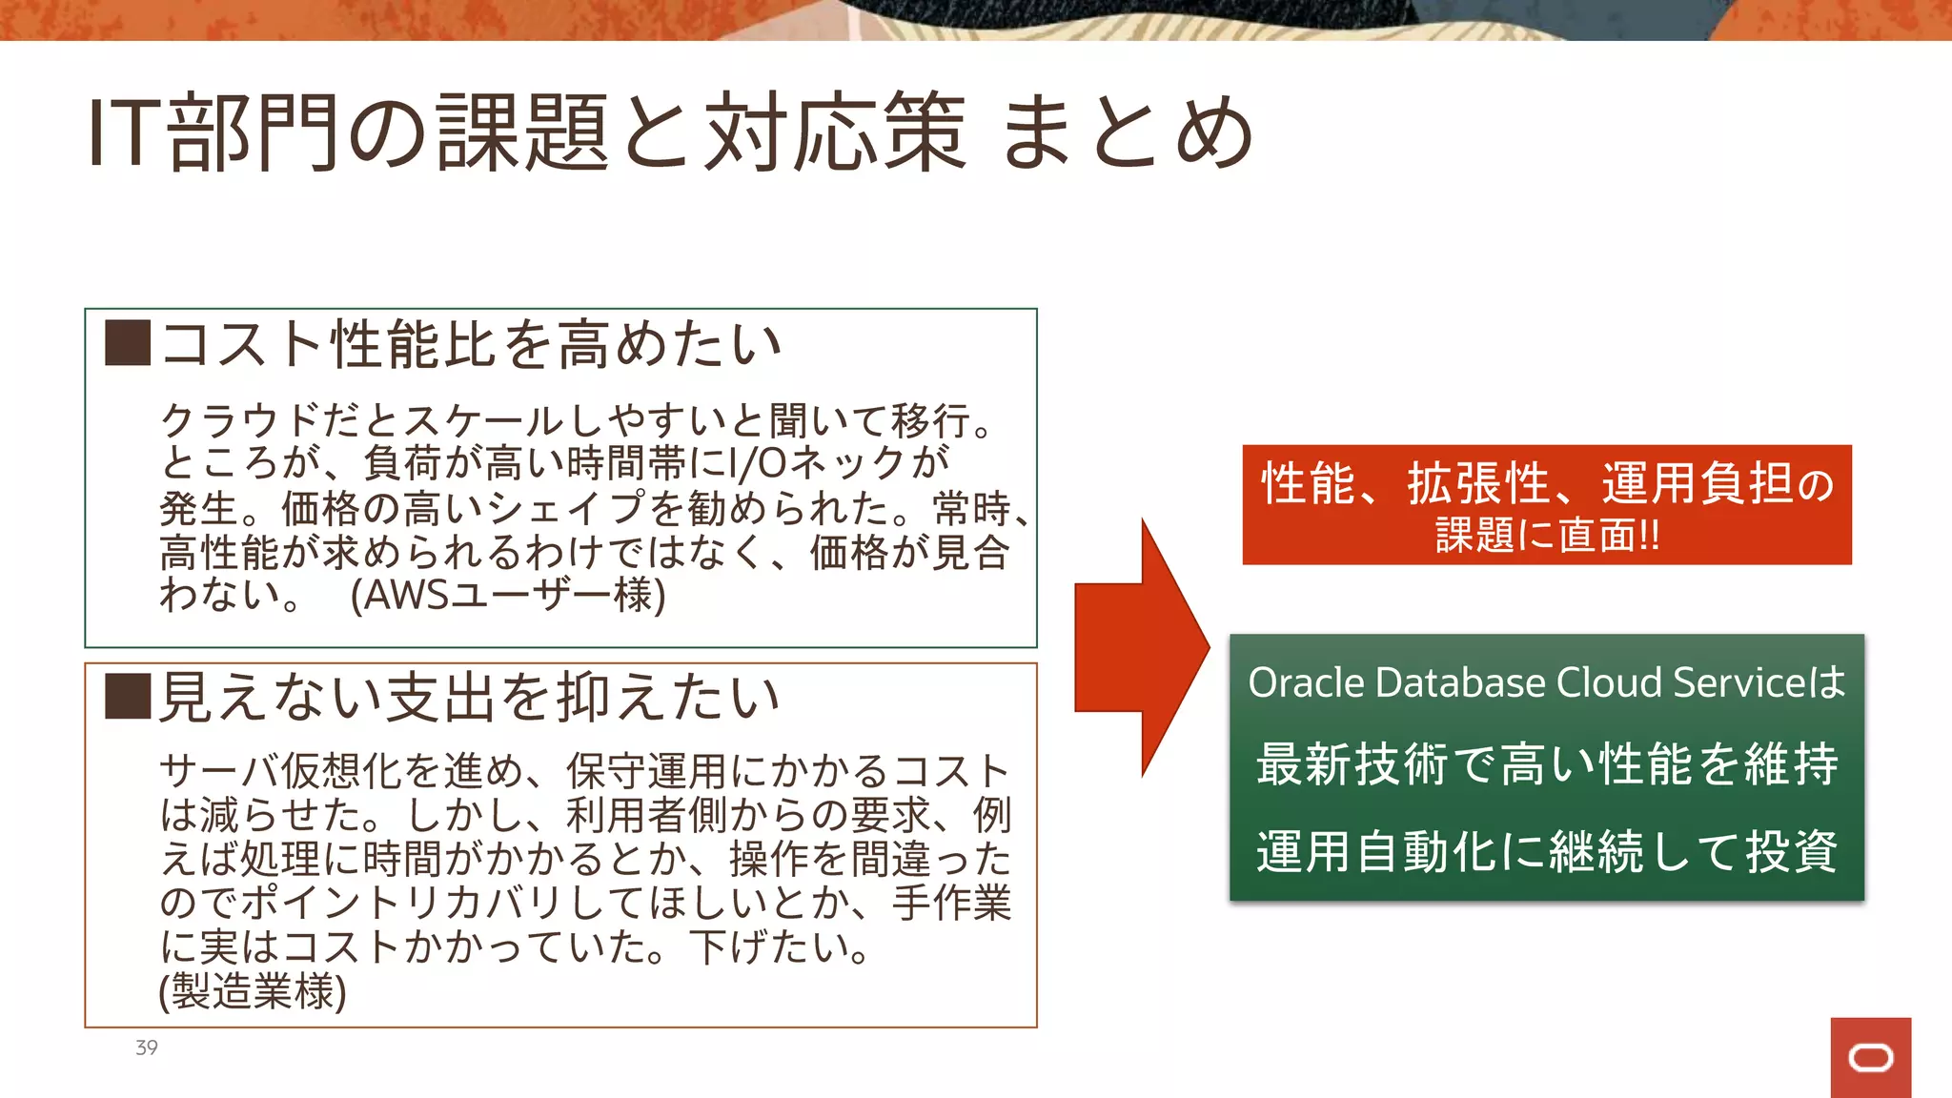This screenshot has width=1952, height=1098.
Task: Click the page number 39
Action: point(147,1047)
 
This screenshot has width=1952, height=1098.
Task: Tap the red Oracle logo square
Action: point(1870,1057)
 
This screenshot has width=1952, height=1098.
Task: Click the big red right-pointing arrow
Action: point(1141,648)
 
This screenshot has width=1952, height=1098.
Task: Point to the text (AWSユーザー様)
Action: point(508,596)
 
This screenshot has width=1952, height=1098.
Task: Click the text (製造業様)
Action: point(253,991)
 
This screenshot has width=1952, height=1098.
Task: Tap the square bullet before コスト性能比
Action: point(128,343)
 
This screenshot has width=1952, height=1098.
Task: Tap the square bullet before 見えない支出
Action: point(128,696)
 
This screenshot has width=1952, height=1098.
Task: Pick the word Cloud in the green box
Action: point(1609,682)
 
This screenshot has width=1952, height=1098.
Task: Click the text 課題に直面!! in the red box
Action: point(1547,535)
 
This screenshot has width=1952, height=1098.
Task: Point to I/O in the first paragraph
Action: point(758,464)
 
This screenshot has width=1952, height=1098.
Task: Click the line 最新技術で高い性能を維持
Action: point(1547,764)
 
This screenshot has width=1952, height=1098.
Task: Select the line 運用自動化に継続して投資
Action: point(1547,851)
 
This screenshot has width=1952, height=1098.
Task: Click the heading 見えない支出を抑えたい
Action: point(469,697)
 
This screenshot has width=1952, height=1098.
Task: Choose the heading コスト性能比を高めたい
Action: point(471,344)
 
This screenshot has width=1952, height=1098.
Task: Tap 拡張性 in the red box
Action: point(1477,483)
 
